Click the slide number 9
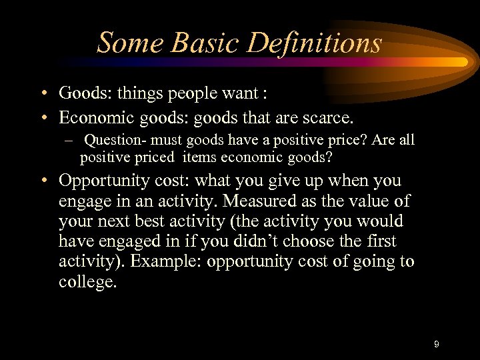(x=436, y=344)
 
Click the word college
(x=87, y=281)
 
